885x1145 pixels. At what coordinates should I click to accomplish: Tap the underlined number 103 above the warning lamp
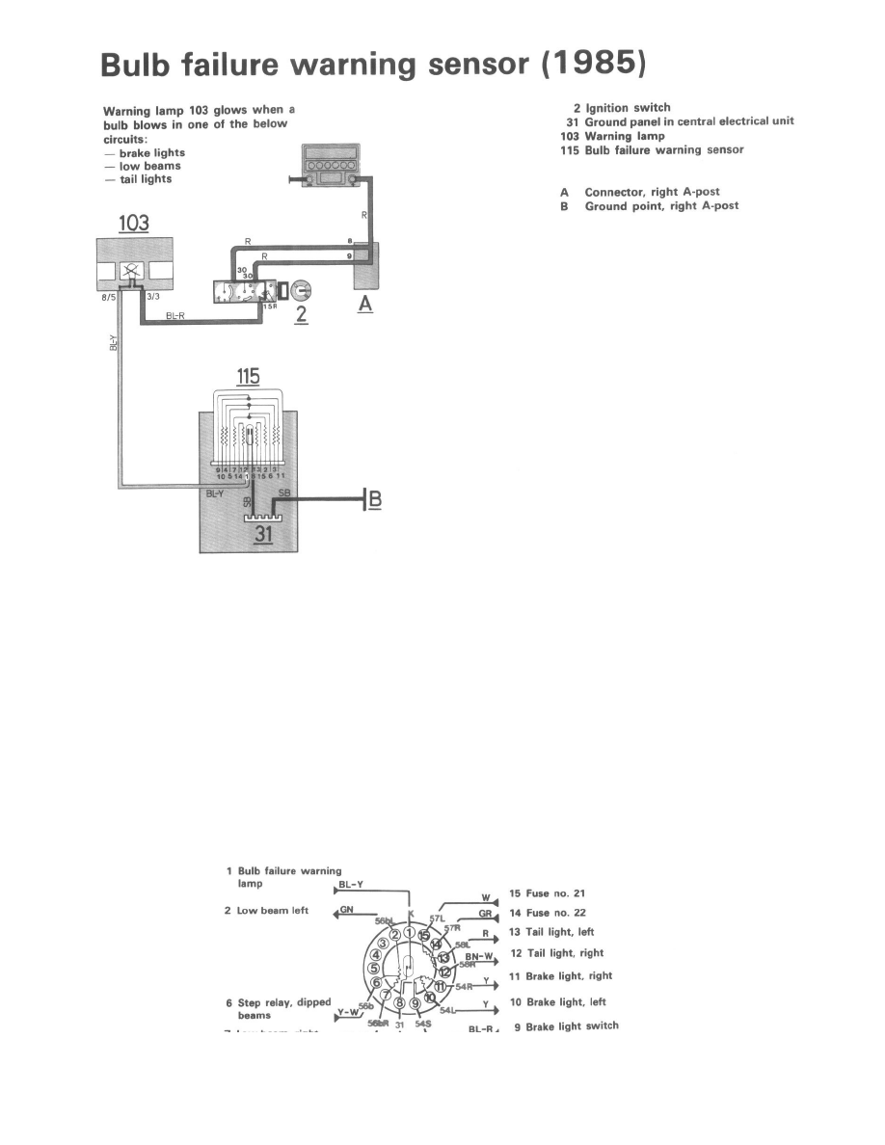pyautogui.click(x=133, y=224)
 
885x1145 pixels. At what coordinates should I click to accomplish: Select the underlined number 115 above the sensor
pyautogui.click(x=248, y=378)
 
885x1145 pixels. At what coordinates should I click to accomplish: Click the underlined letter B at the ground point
pyautogui.click(x=376, y=499)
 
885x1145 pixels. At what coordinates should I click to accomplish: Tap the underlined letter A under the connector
pyautogui.click(x=364, y=305)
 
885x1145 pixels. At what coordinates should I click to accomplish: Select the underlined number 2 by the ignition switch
pyautogui.click(x=301, y=313)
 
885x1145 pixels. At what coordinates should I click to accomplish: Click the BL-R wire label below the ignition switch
pyautogui.click(x=176, y=315)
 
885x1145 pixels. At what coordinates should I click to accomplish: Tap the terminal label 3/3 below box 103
pyautogui.click(x=152, y=298)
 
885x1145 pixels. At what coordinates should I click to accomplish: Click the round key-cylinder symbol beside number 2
pyautogui.click(x=300, y=287)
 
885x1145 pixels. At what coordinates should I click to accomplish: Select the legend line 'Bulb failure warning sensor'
pyautogui.click(x=653, y=150)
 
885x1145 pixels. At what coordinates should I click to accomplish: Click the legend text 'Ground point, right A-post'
pyautogui.click(x=661, y=206)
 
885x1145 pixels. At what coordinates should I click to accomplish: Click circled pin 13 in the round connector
pyautogui.click(x=443, y=958)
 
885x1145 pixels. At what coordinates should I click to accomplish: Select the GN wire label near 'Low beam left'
pyautogui.click(x=345, y=911)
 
